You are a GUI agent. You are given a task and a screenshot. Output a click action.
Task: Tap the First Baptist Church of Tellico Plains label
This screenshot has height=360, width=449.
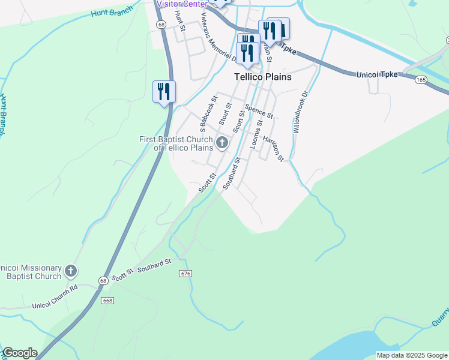coord(176,143)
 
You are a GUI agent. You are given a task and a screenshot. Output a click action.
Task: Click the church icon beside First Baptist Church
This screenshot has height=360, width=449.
coord(222,143)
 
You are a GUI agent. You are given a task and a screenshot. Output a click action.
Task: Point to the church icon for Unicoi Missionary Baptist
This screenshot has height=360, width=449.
coord(71,271)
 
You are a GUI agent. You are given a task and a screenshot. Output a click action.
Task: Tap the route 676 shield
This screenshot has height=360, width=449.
coord(185,274)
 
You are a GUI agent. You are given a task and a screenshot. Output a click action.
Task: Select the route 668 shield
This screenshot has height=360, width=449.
coord(107,300)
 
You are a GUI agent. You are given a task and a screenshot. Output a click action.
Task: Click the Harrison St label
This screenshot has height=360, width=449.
coord(273,148)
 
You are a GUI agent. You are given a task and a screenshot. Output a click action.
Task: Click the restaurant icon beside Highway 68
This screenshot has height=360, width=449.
coord(164,92)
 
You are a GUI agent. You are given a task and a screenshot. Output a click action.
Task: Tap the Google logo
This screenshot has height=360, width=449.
coord(19,353)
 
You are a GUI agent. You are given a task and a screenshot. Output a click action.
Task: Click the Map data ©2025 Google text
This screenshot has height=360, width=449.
coord(411,355)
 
